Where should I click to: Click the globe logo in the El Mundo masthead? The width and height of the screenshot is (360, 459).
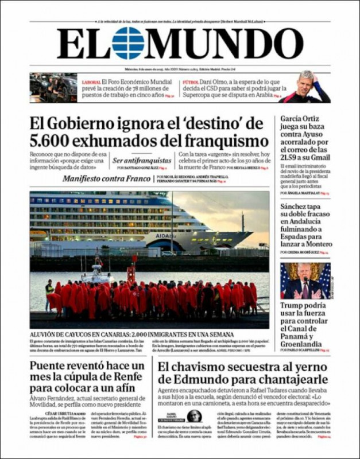(x=128, y=43)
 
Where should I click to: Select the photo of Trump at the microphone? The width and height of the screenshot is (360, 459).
(x=305, y=281)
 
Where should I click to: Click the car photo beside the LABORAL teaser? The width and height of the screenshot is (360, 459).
(x=53, y=87)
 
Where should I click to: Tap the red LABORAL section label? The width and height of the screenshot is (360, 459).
(x=91, y=82)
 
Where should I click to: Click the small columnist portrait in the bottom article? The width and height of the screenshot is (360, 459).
(x=194, y=415)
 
